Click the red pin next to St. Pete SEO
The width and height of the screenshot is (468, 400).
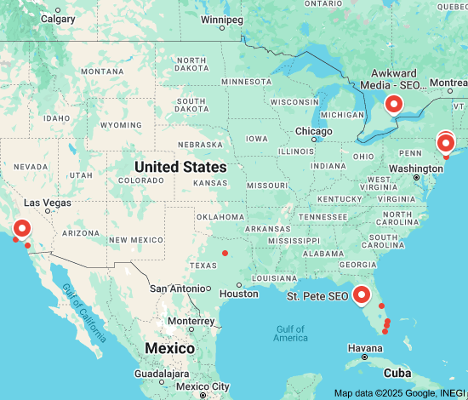[362, 294]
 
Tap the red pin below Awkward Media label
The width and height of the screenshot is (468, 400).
[394, 104]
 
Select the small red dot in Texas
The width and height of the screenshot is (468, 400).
[225, 253]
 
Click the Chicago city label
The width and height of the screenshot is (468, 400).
[313, 131]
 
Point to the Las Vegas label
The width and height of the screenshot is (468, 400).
[49, 203]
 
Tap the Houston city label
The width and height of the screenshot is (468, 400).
[239, 294]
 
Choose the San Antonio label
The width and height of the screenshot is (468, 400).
[175, 289]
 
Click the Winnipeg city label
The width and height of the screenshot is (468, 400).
[222, 19]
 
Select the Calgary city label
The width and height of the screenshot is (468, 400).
[58, 18]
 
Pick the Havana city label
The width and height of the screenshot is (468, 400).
[366, 348]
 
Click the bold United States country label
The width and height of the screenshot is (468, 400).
[180, 167]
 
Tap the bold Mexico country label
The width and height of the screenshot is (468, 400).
[169, 348]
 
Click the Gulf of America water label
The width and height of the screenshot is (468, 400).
[291, 334]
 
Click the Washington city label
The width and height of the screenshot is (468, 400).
[416, 169]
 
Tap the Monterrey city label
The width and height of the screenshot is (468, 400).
[191, 321]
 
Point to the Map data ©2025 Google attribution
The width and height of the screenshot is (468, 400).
[400, 393]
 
